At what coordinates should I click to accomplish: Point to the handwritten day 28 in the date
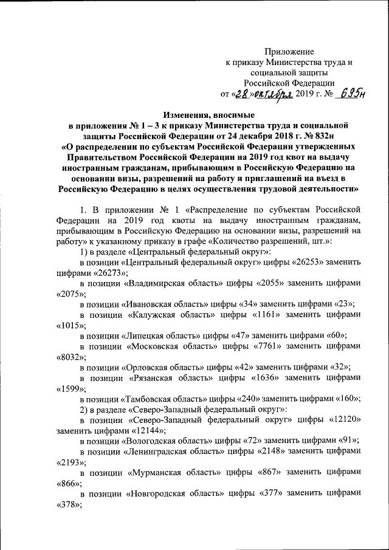point(243,94)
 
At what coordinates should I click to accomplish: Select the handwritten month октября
point(274,94)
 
